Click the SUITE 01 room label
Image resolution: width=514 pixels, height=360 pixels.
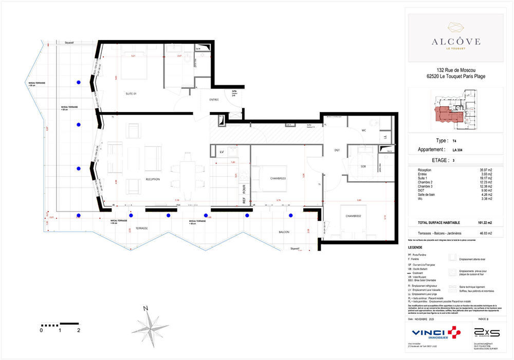(x=131, y=94)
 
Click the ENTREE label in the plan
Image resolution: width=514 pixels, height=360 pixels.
(x=214, y=100)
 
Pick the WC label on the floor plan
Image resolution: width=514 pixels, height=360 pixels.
(x=363, y=130)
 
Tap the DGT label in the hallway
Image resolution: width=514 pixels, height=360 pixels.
(x=337, y=150)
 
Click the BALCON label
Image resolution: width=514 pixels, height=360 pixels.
(x=284, y=232)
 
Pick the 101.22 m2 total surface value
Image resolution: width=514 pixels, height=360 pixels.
(x=482, y=223)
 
